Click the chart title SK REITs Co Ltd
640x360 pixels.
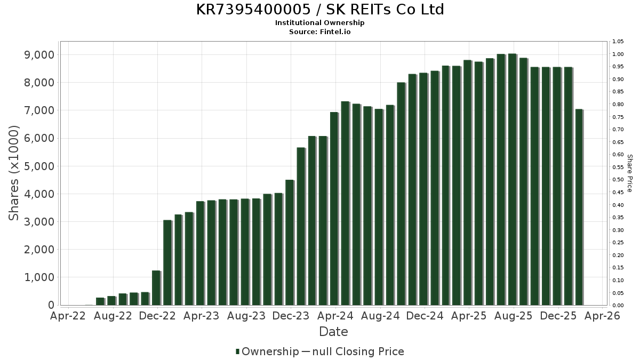[x=320, y=10]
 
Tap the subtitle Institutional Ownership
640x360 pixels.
[x=320, y=23]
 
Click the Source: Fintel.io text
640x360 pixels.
[x=320, y=32]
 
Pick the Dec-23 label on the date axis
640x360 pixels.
[x=290, y=316]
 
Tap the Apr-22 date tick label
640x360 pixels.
[x=68, y=316]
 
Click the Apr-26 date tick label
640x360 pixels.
[x=602, y=316]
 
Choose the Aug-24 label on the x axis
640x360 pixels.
[x=380, y=316]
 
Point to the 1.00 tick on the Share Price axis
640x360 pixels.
[x=618, y=54]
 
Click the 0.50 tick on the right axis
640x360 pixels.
[x=618, y=180]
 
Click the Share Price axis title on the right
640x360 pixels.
[x=629, y=173]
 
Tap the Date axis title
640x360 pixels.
[x=333, y=332]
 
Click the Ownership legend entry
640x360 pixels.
[x=267, y=351]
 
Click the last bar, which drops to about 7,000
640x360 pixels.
[x=579, y=207]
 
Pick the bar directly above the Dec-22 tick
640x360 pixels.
[x=156, y=288]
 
